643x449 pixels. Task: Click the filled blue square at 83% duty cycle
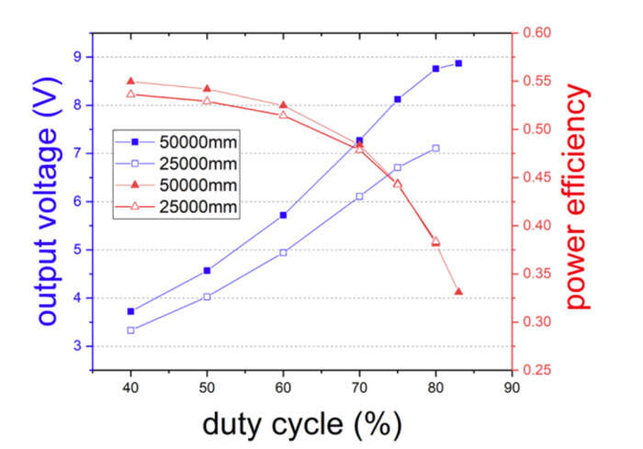[x=458, y=63]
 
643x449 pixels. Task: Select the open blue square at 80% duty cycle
[x=435, y=148]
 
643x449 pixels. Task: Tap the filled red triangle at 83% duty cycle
[x=458, y=292]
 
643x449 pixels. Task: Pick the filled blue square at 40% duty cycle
[x=130, y=311]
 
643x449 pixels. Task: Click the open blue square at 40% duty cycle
[x=130, y=330]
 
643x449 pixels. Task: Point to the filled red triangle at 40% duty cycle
[x=130, y=82]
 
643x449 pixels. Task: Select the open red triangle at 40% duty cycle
[x=130, y=94]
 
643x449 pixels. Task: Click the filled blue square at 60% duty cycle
[x=283, y=215]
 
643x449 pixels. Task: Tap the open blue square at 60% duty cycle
[x=283, y=252]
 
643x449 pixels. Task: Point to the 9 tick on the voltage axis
[x=76, y=57]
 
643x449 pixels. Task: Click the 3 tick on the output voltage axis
[x=76, y=346]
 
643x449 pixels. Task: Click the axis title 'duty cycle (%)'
[x=300, y=424]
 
